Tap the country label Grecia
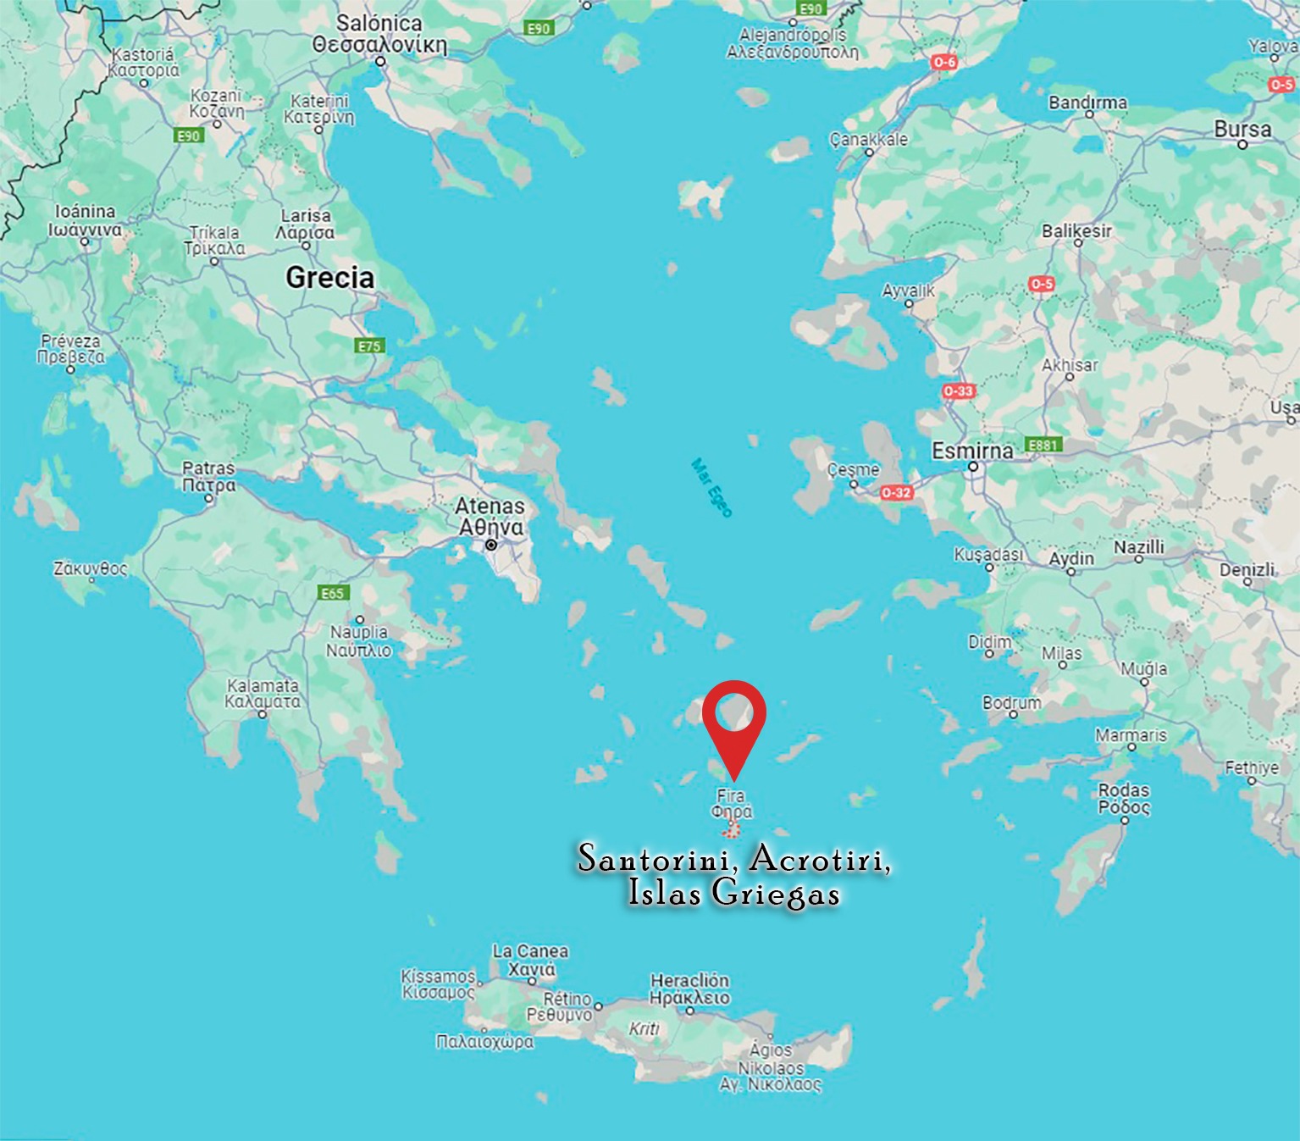coord(329,277)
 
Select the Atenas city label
coord(490,507)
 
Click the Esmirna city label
coord(972,451)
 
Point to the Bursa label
coord(1242,130)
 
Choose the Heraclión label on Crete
coord(689,980)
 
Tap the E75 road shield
coord(370,346)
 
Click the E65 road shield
coord(333,593)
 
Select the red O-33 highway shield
coord(958,390)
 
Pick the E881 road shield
coord(1043,445)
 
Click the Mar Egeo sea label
coord(711,487)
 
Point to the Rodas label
coord(1124,789)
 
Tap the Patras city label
coord(208,468)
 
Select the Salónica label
coord(379,24)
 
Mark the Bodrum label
coord(1011,702)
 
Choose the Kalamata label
coord(263,685)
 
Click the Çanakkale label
coord(868,139)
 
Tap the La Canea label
coord(530,951)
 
